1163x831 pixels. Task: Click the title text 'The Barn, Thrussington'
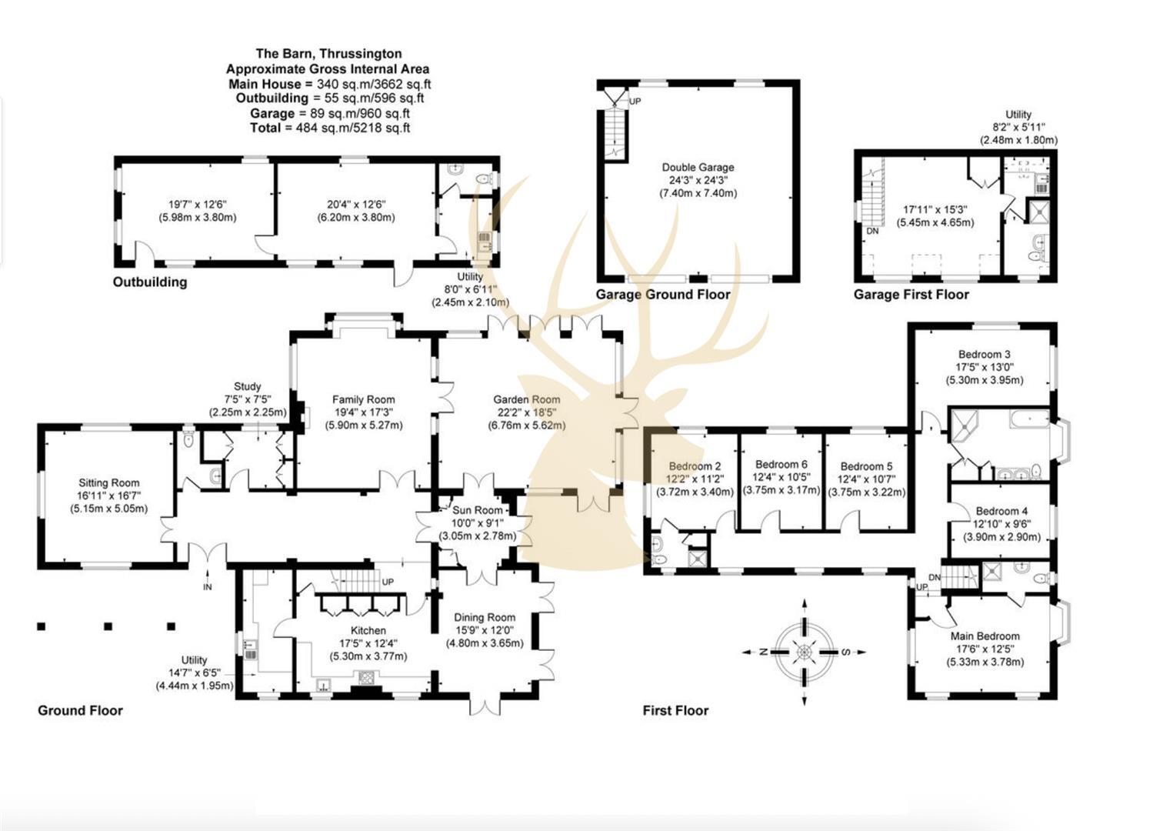click(x=328, y=54)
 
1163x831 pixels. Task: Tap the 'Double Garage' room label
click(x=698, y=168)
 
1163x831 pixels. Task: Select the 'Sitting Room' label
click(x=108, y=483)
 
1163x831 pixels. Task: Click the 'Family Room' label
click(x=363, y=399)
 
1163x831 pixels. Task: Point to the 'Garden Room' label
click(x=526, y=399)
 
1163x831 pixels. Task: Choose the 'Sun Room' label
click(x=477, y=510)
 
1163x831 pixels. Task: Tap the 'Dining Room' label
click(x=485, y=617)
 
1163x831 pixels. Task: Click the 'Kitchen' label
click(x=368, y=630)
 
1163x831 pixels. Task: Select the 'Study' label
click(x=247, y=386)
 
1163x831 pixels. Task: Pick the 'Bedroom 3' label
click(x=984, y=355)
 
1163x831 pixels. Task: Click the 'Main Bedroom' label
click(x=985, y=636)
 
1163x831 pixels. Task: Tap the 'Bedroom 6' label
click(x=781, y=465)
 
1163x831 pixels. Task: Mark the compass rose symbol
click(x=804, y=652)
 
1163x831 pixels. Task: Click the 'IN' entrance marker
click(x=207, y=587)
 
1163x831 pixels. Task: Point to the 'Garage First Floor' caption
click(x=911, y=295)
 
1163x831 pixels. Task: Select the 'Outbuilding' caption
click(x=150, y=282)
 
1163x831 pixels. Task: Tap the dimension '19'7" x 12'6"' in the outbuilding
click(x=198, y=205)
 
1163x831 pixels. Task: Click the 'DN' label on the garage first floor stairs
click(x=872, y=231)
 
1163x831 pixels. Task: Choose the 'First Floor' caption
click(x=675, y=711)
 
